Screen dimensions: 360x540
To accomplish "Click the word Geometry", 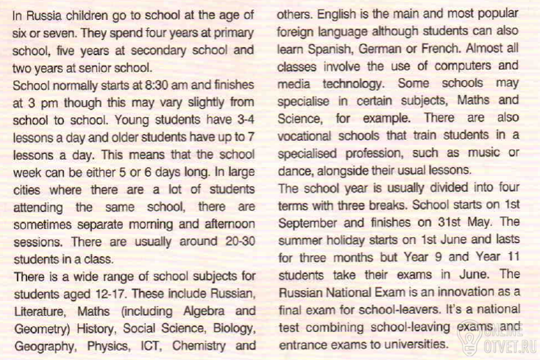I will pyautogui.click(x=38, y=327).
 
